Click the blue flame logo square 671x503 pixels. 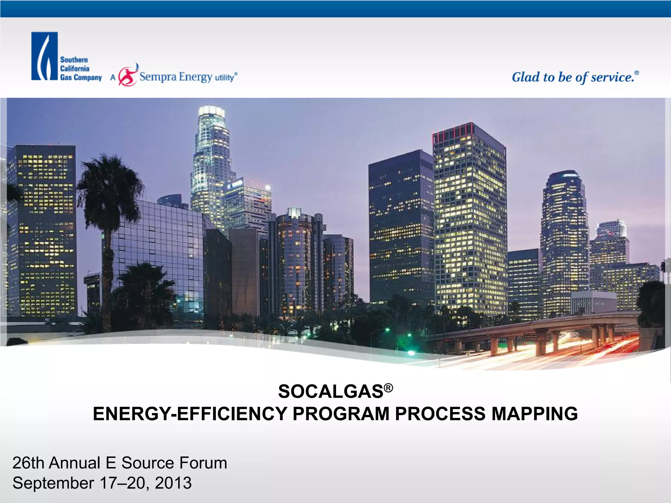[x=45, y=56]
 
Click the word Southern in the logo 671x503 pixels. [x=74, y=60]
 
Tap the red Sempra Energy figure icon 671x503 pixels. [x=128, y=76]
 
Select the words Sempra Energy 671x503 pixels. [x=176, y=77]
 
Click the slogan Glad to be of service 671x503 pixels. [x=573, y=77]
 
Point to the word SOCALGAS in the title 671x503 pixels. [x=331, y=391]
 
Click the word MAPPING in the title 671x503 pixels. [x=534, y=414]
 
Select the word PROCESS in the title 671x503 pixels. [x=440, y=414]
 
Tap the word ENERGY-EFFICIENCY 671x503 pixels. [x=190, y=414]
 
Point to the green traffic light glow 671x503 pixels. [x=387, y=330]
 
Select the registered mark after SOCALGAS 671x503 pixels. [x=388, y=388]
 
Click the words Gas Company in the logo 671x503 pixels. [x=81, y=78]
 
